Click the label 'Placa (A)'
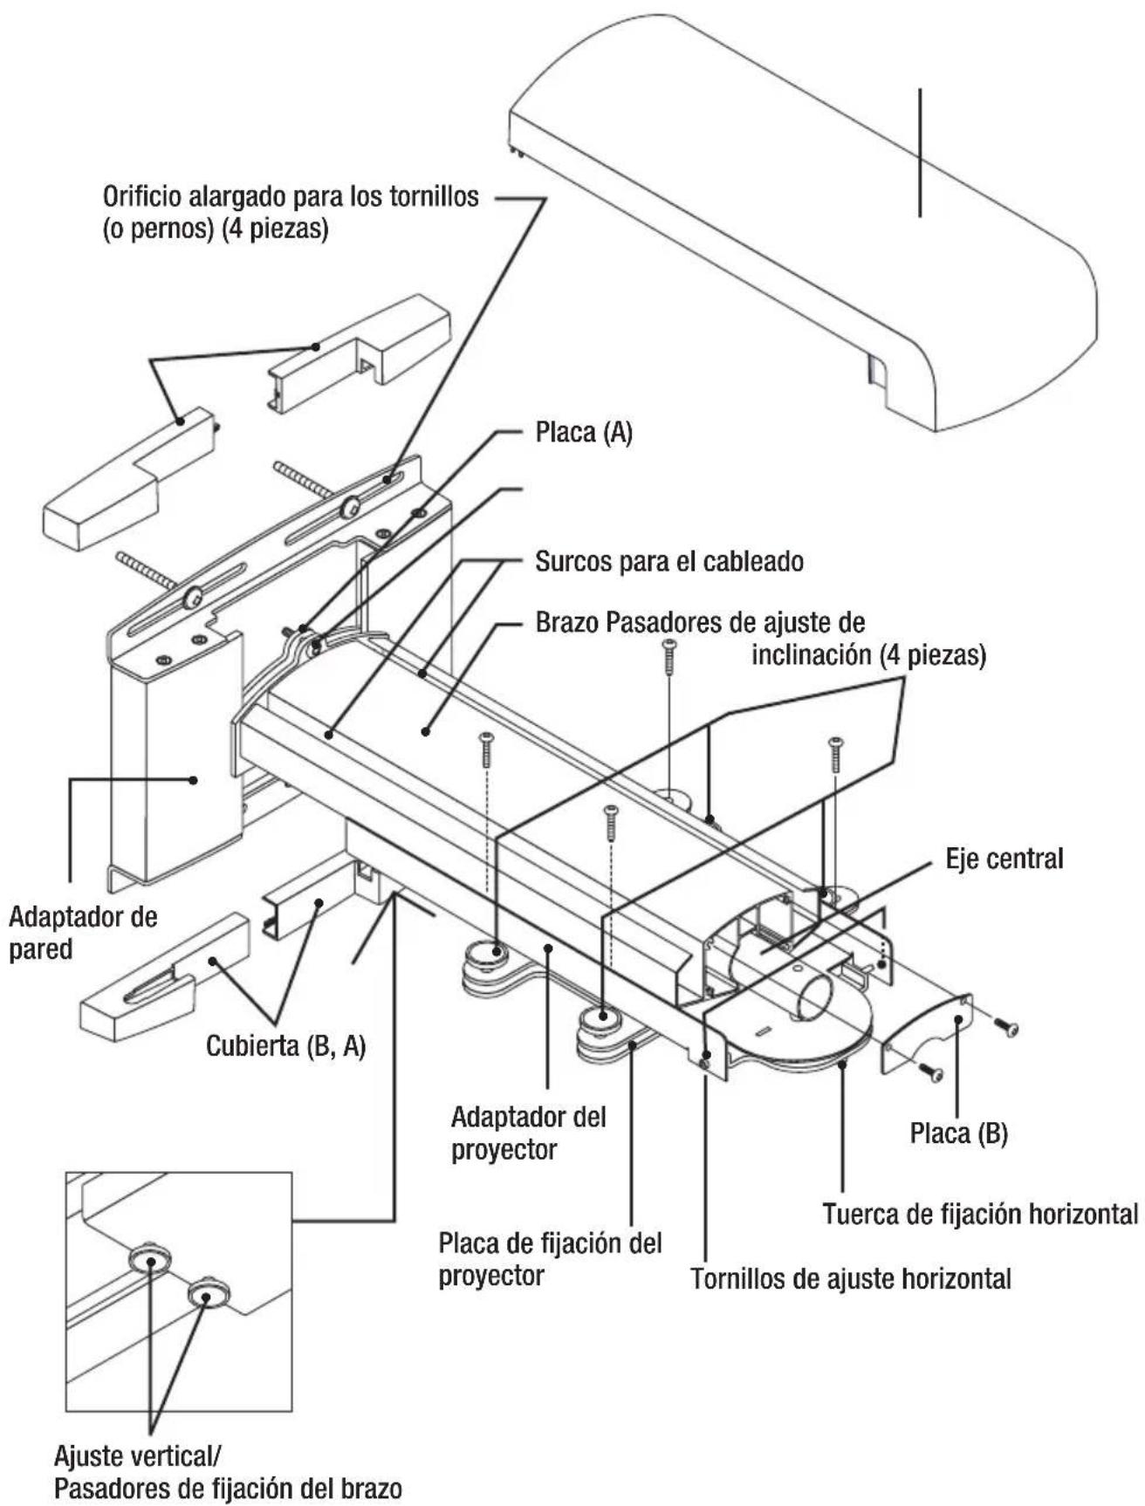pos(583,433)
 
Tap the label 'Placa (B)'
pos(958,1133)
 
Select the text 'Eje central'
pos(1004,859)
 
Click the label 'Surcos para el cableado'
pos(668,561)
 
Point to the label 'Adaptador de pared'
pos(83,933)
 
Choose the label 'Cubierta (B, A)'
pos(285,1045)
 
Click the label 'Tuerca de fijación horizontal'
pos(979,1214)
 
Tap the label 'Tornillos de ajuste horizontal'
pos(851,1279)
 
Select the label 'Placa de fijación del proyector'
pos(549,1259)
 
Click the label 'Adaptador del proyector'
pos(528,1133)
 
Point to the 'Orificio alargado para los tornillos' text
pos(291,196)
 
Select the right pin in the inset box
pos(208,1290)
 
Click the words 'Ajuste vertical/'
pos(138,1455)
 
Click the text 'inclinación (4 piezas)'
pos(868,655)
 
